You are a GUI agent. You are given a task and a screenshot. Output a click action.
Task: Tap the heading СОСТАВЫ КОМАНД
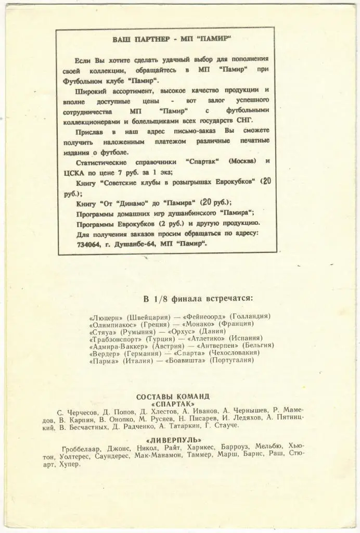[173, 396]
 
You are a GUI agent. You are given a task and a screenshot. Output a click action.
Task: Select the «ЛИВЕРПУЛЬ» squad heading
[173, 439]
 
